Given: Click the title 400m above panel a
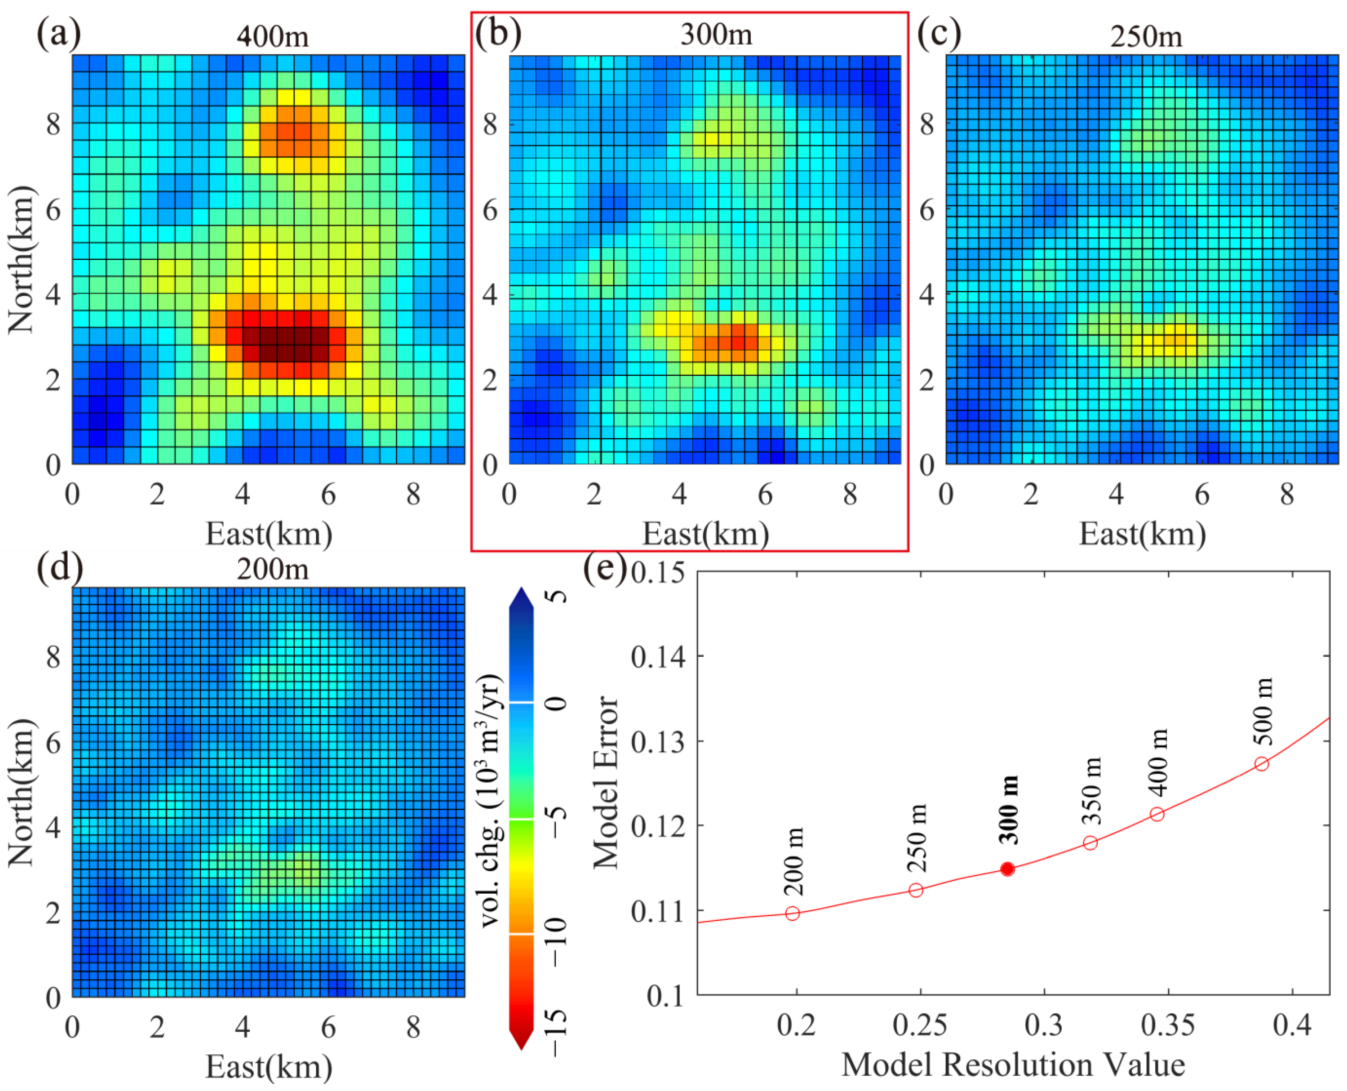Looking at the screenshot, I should (272, 36).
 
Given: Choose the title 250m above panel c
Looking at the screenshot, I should (1146, 36).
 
